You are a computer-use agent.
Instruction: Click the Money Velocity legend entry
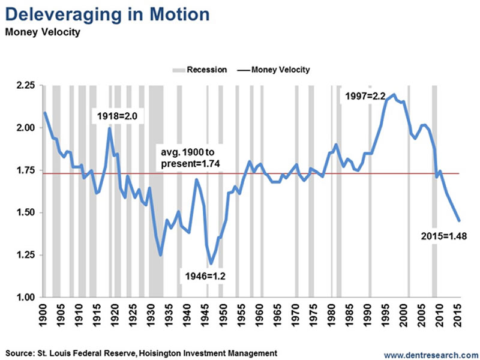coord(278,70)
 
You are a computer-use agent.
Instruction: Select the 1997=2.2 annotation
coord(365,97)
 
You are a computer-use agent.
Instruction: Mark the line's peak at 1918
coord(110,128)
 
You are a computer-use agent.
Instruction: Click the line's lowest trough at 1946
coord(211,263)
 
